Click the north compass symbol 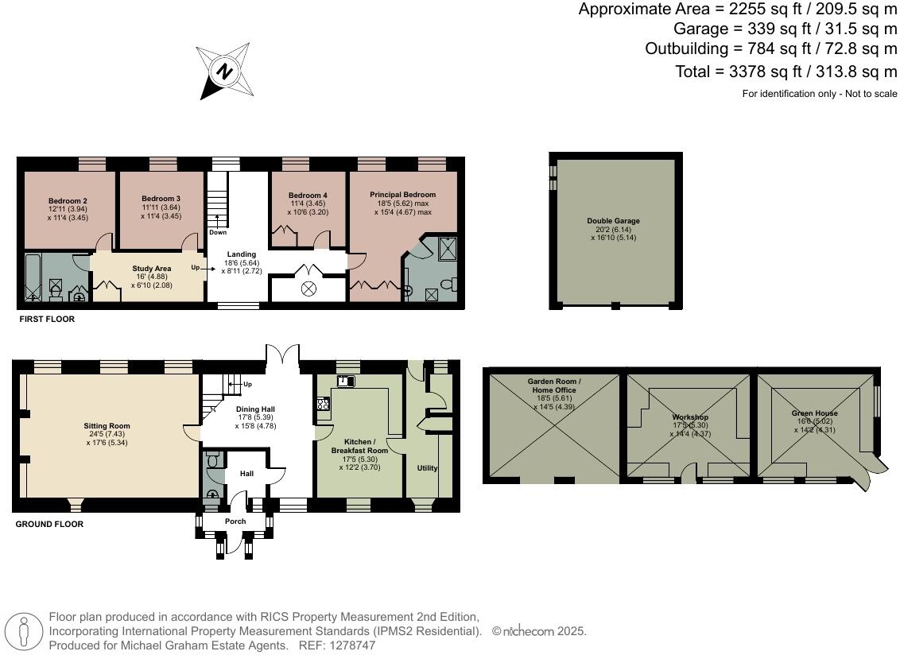coord(225,72)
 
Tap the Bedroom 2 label coord(68,200)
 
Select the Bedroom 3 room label coord(161,198)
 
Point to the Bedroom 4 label coord(308,196)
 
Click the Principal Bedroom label coord(402,195)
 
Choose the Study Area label coord(152,269)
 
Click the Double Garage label coord(613,221)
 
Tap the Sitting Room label coord(107,426)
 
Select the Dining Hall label coord(255,409)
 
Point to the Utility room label coord(427,468)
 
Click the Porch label coord(235,521)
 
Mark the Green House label coord(814,413)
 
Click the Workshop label coord(689,417)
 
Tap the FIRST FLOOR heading coord(46,319)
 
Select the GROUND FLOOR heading coord(49,524)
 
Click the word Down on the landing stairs coord(218,232)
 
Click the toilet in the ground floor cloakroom coord(212,461)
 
